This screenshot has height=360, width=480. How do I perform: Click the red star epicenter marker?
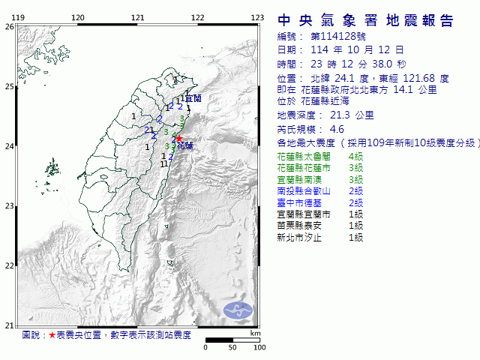pos(178,138)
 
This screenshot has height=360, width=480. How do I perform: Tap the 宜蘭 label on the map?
pos(193,98)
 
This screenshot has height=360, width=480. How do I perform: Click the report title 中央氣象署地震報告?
pos(365,20)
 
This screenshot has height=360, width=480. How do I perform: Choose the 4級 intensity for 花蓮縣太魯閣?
pos(355,157)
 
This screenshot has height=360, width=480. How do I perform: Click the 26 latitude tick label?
pos(9,26)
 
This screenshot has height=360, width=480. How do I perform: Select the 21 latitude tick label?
pos(9,325)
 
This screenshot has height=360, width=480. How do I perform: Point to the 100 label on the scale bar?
pos(259,348)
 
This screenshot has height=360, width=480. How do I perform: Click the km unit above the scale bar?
pos(255,332)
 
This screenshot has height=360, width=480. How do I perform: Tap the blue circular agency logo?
pos(238,308)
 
